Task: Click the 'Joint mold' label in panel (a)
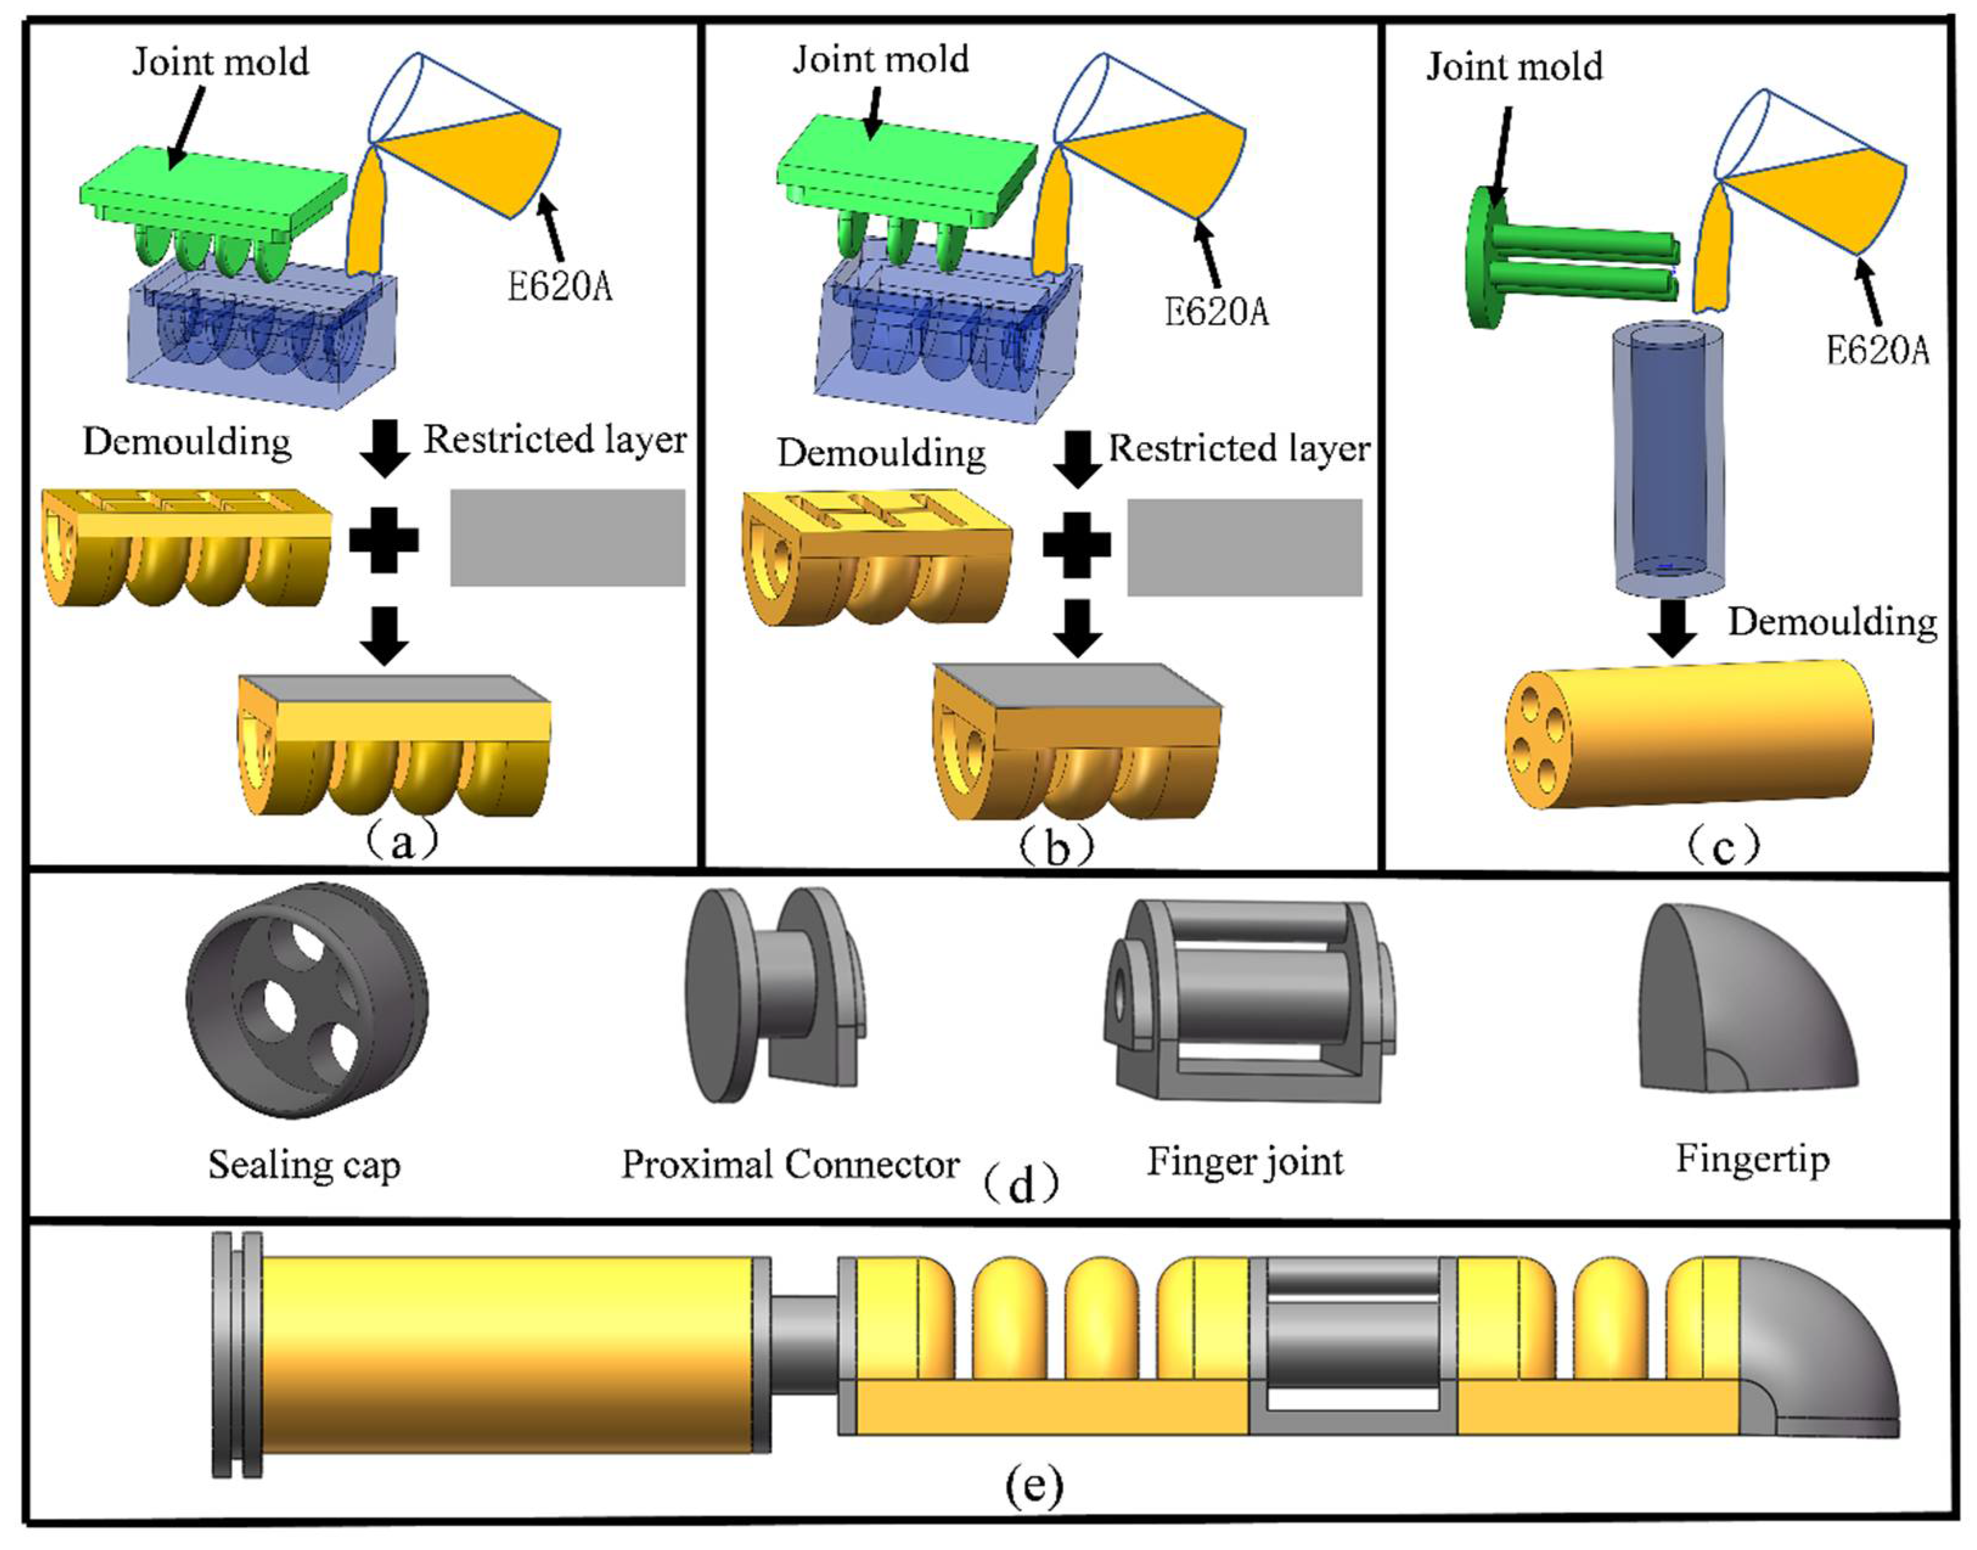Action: [x=221, y=61]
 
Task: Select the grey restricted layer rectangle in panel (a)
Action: [x=567, y=537]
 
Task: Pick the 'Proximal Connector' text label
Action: [x=789, y=1164]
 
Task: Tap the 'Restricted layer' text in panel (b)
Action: [x=1239, y=448]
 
